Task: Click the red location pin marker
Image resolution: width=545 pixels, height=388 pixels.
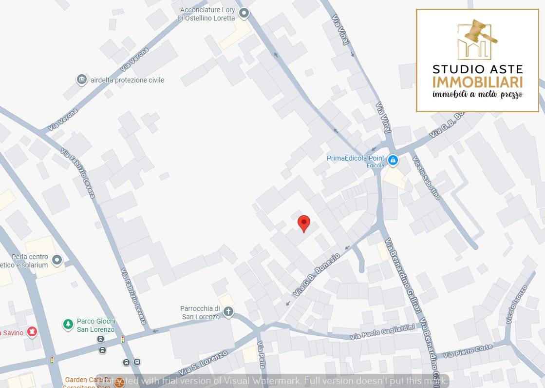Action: click(304, 223)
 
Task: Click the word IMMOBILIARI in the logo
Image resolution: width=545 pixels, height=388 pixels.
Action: click(477, 82)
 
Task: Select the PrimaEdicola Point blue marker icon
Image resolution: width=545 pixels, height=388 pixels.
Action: click(393, 160)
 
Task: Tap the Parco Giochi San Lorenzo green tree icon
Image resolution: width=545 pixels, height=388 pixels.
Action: click(68, 324)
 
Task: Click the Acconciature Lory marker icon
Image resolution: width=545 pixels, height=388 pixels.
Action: click(244, 13)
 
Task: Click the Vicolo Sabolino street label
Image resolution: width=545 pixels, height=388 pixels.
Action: click(426, 178)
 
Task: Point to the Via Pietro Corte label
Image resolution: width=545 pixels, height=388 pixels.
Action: click(468, 351)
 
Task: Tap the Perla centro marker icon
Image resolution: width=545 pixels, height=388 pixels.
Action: click(57, 260)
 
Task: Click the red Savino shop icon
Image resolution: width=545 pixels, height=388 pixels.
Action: click(32, 332)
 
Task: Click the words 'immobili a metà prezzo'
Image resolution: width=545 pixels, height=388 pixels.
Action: click(477, 95)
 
